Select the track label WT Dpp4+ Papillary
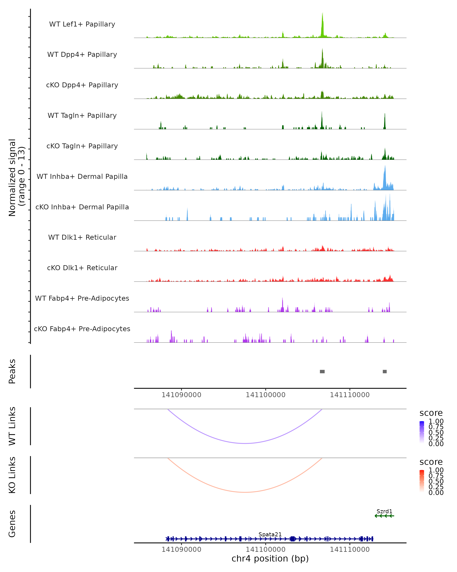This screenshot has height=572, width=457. tap(82, 55)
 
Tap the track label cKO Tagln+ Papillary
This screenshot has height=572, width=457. tap(82, 146)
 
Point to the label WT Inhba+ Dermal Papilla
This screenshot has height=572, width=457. tap(82, 177)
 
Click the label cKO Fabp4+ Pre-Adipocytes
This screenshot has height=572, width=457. tap(82, 329)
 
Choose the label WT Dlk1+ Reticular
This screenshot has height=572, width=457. tap(82, 237)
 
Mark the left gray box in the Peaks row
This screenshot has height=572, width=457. tap(322, 371)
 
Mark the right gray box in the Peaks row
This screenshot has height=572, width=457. tap(385, 371)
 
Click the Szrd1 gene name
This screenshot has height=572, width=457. tap(384, 511)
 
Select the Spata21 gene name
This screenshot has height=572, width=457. tap(270, 534)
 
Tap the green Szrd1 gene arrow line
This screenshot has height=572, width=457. tap(384, 516)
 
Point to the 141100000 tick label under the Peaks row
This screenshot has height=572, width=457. tap(265, 395)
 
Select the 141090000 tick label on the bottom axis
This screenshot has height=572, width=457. tap(181, 550)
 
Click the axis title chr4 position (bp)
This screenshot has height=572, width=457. tap(270, 559)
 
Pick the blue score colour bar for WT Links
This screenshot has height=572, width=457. tap(422, 432)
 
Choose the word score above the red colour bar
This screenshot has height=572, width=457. tap(431, 462)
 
